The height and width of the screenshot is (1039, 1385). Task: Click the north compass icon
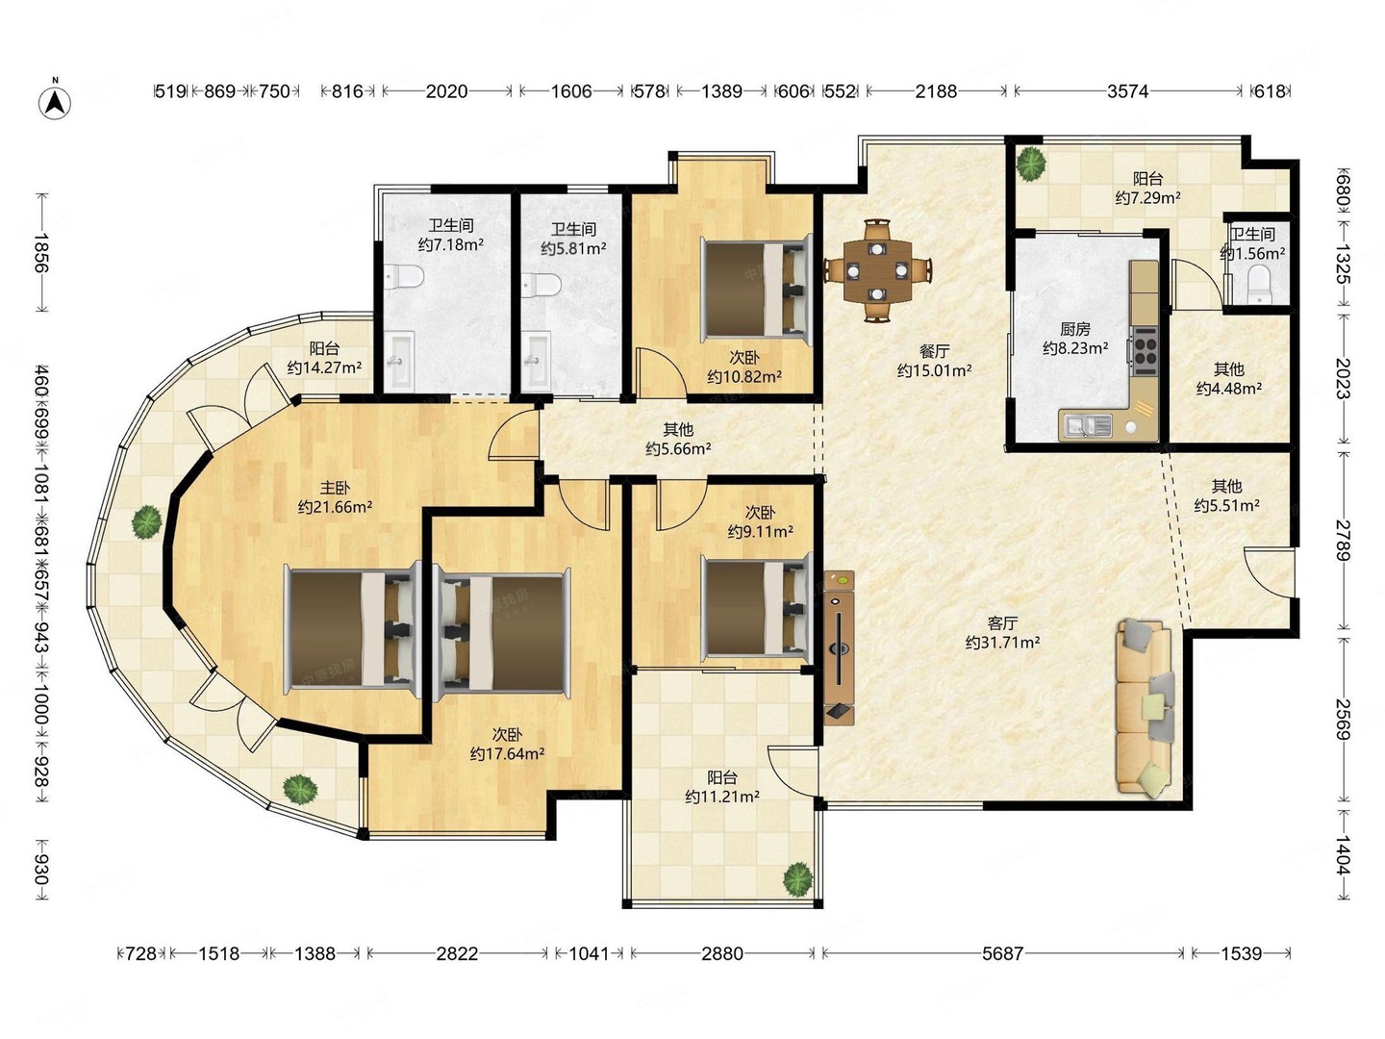pyautogui.click(x=55, y=101)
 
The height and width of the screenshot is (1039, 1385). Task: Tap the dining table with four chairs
pyautogui.click(x=878, y=270)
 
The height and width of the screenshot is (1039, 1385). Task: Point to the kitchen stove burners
pyautogui.click(x=1145, y=347)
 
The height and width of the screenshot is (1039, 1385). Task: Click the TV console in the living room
pyautogui.click(x=839, y=647)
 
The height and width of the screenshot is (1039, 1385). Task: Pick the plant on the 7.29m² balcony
pyautogui.click(x=1030, y=163)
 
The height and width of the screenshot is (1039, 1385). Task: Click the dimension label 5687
pyautogui.click(x=1002, y=953)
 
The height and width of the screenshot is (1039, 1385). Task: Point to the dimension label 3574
pyautogui.click(x=1127, y=91)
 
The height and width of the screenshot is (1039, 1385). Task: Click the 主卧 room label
pyautogui.click(x=335, y=488)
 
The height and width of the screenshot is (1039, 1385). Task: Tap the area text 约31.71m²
pyautogui.click(x=1002, y=643)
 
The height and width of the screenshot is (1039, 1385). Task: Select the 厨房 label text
pyautogui.click(x=1075, y=329)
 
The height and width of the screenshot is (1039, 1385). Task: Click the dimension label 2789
pyautogui.click(x=1343, y=541)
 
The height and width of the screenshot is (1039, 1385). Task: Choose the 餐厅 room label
pyautogui.click(x=935, y=351)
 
